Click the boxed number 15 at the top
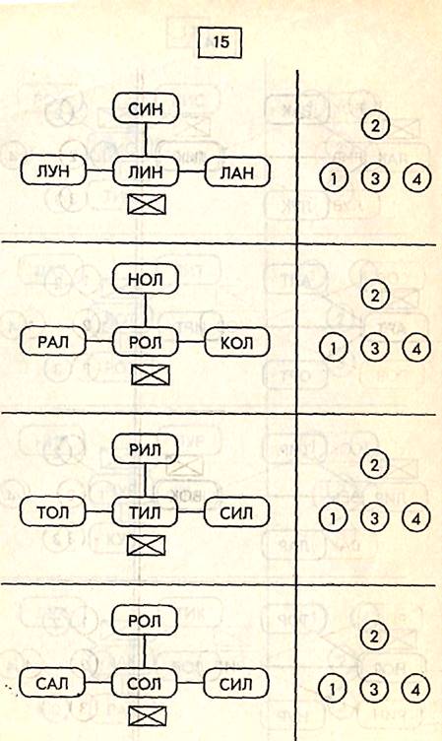(x=221, y=42)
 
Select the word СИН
(x=146, y=109)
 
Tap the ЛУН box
(x=54, y=170)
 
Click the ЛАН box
(x=237, y=172)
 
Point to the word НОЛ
(x=146, y=279)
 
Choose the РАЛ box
(x=53, y=341)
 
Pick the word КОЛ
(x=236, y=342)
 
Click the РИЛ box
(x=145, y=449)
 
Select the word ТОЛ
(x=52, y=512)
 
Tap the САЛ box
(x=52, y=683)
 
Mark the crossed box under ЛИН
(x=147, y=204)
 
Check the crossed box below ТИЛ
(x=147, y=545)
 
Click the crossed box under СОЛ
(x=148, y=716)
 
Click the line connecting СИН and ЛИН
(x=146, y=140)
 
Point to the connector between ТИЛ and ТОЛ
(x=98, y=512)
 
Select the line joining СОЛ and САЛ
(x=98, y=683)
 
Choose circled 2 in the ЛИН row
(x=375, y=125)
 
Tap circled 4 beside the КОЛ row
(x=416, y=349)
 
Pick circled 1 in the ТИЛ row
(x=333, y=518)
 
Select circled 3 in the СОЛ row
(x=374, y=689)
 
